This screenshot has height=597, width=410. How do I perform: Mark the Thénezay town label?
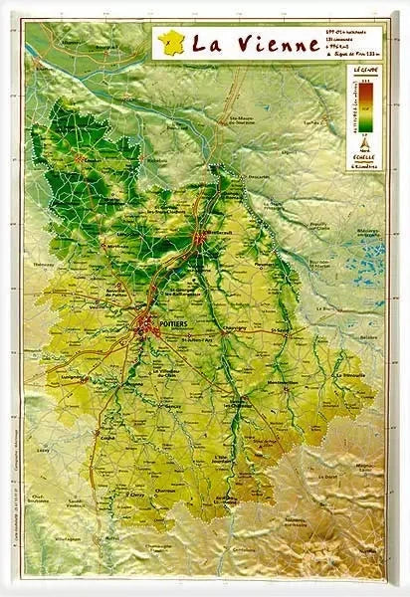pos(46,266)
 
